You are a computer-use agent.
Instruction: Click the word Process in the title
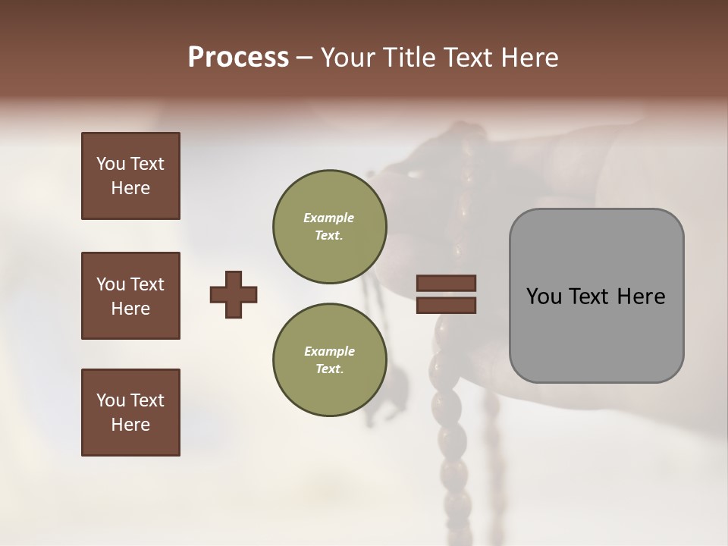[238, 58]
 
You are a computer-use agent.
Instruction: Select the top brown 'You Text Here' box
[130, 176]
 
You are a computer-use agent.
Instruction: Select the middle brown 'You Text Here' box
[130, 296]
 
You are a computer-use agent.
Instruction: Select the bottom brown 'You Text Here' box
[130, 413]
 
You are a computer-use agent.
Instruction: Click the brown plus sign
[234, 294]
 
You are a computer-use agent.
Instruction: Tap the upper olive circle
[329, 226]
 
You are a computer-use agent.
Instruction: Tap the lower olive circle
[329, 359]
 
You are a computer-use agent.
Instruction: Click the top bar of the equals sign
[446, 284]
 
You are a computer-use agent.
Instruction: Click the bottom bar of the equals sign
[446, 305]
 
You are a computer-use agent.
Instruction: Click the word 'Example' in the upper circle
[328, 218]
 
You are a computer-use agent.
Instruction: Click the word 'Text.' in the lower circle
[329, 369]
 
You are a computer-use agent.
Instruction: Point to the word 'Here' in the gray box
[641, 297]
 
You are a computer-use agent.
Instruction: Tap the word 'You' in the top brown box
[110, 164]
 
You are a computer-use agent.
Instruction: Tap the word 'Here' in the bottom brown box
[130, 425]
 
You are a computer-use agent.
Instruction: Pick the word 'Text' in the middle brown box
[147, 284]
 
